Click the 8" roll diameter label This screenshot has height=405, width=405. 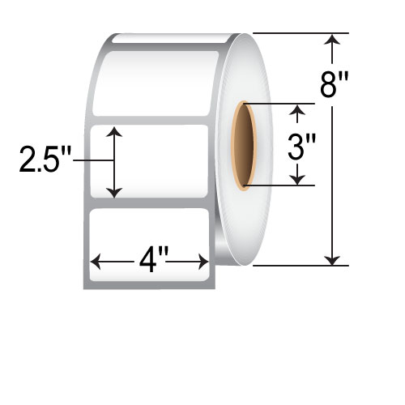coord(335,85)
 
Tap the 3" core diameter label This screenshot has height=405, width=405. coord(301,147)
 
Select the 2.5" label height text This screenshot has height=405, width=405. coord(45,160)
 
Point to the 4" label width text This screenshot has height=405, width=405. coord(153,261)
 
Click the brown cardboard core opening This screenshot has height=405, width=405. coord(244,146)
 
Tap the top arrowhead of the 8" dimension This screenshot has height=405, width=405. coord(332,39)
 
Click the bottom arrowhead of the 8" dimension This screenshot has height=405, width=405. coord(332,260)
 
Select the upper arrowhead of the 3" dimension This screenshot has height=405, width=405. coord(297,109)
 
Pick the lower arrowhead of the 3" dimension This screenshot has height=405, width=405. coord(297,180)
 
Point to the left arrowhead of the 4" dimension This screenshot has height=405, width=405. coord(96,262)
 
